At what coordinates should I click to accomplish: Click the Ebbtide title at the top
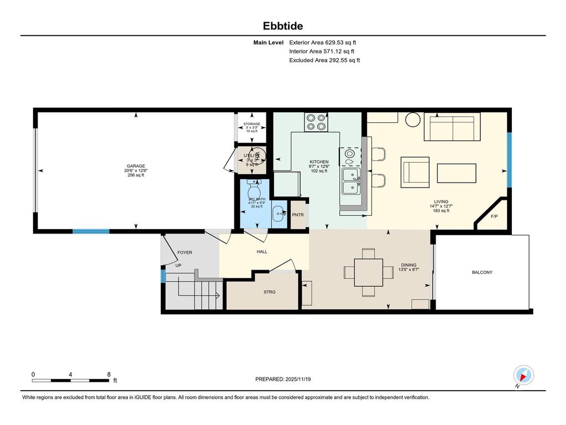pyautogui.click(x=282, y=26)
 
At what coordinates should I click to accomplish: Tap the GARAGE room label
pyautogui.click(x=136, y=166)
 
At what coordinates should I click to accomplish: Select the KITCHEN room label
pyautogui.click(x=319, y=162)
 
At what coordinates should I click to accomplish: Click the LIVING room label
pyautogui.click(x=441, y=202)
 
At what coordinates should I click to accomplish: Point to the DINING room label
pyautogui.click(x=408, y=265)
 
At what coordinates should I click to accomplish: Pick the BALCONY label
pyautogui.click(x=481, y=272)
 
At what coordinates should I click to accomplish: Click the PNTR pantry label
pyautogui.click(x=298, y=215)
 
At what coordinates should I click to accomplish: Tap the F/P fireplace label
pyautogui.click(x=494, y=217)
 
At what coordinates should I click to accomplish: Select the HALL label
pyautogui.click(x=261, y=251)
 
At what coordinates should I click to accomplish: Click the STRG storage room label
pyautogui.click(x=269, y=292)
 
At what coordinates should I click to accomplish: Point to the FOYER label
pyautogui.click(x=185, y=253)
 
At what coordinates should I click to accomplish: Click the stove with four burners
pyautogui.click(x=316, y=122)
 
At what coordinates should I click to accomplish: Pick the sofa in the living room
pyautogui.click(x=452, y=128)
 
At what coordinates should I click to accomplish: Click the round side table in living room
pyautogui.click(x=413, y=120)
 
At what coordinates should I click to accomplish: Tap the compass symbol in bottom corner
pyautogui.click(x=523, y=375)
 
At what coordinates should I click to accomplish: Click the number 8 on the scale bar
pyautogui.click(x=109, y=374)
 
